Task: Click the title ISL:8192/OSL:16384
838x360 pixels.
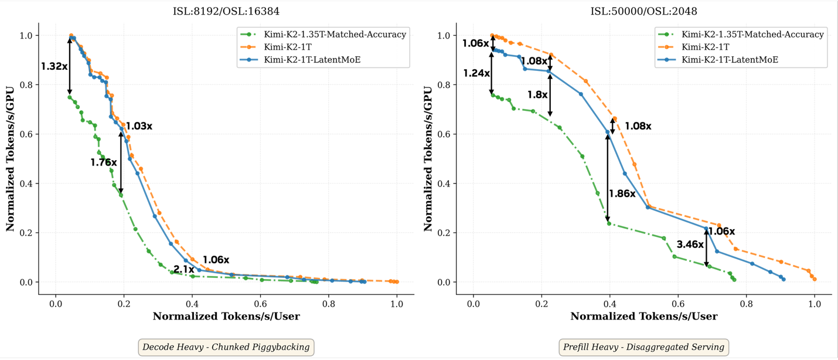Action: click(x=226, y=11)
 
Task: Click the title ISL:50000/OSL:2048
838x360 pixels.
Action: click(x=643, y=11)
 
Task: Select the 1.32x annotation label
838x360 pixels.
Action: click(x=54, y=67)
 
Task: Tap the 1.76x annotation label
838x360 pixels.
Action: click(x=104, y=162)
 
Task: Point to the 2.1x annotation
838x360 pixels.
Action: click(x=183, y=269)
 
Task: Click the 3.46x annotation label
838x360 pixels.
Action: click(x=690, y=244)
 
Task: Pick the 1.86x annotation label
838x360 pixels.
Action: click(x=622, y=194)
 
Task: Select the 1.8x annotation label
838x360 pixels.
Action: click(x=537, y=94)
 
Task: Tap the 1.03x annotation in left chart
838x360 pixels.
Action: click(x=139, y=126)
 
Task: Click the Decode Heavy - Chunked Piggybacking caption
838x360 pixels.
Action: click(x=226, y=347)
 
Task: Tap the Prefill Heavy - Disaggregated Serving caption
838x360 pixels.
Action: click(x=643, y=347)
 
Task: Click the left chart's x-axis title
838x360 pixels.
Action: click(x=226, y=317)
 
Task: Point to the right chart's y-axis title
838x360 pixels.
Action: click(x=428, y=158)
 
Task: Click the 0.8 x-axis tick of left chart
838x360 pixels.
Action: click(x=328, y=304)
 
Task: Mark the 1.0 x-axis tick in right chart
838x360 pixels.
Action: click(x=815, y=304)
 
